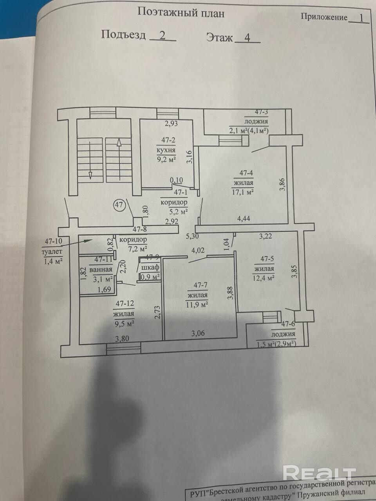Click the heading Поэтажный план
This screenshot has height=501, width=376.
(181, 13)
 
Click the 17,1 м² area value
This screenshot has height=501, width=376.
(243, 192)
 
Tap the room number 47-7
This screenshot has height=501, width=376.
(197, 285)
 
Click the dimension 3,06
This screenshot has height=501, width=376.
(198, 333)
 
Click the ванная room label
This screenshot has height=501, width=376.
(101, 269)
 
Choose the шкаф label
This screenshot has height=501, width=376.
(150, 268)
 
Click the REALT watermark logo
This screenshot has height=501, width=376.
(319, 473)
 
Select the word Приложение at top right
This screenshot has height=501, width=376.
(324, 17)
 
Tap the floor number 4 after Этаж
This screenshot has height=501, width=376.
(247, 38)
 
